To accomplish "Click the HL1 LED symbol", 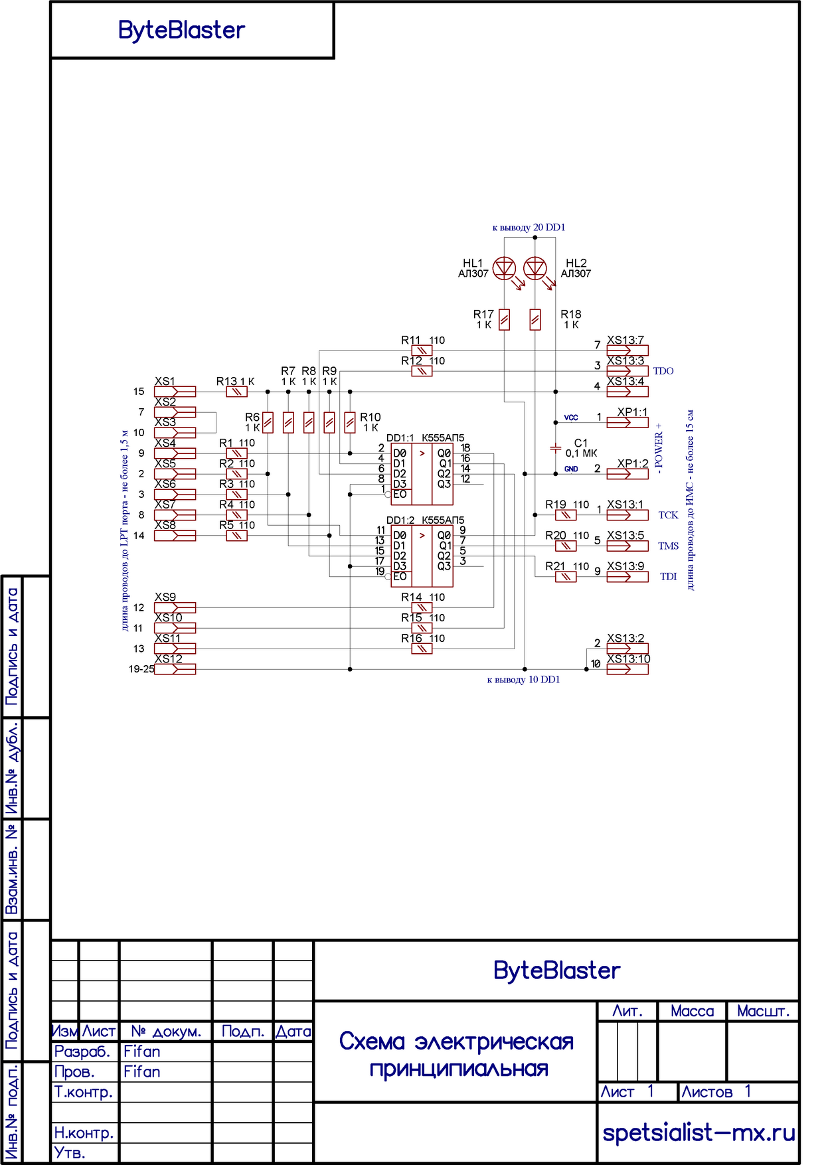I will [505, 268].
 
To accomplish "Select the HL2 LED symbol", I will [535, 268].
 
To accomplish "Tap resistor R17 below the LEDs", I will [505, 320].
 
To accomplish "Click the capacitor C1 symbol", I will [556, 448].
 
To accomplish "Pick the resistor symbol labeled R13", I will [236, 392].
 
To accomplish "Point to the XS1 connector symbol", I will [175, 392].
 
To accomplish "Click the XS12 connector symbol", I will [175, 669].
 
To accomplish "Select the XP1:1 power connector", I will [627, 422].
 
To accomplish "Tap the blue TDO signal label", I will [663, 371].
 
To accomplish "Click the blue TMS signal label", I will [668, 546].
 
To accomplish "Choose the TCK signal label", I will [668, 515].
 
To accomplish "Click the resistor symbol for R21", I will [566, 577].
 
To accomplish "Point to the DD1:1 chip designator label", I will [400, 438].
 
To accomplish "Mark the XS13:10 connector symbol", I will [627, 669].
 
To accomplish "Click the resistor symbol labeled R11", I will [422, 350].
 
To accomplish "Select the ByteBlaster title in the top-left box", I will [181, 31].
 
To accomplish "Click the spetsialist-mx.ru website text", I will [699, 1132].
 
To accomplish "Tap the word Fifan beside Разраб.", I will [141, 1051].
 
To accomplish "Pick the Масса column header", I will [692, 1011].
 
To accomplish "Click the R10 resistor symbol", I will [350, 422].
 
